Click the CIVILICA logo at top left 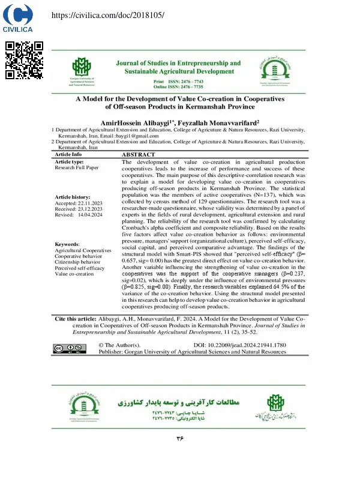(x=17, y=18)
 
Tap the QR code (x=25, y=60)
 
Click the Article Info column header (x=68, y=154)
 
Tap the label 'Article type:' (x=70, y=162)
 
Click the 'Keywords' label (x=67, y=244)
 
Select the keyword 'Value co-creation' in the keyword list (x=74, y=274)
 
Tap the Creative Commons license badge (x=67, y=348)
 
